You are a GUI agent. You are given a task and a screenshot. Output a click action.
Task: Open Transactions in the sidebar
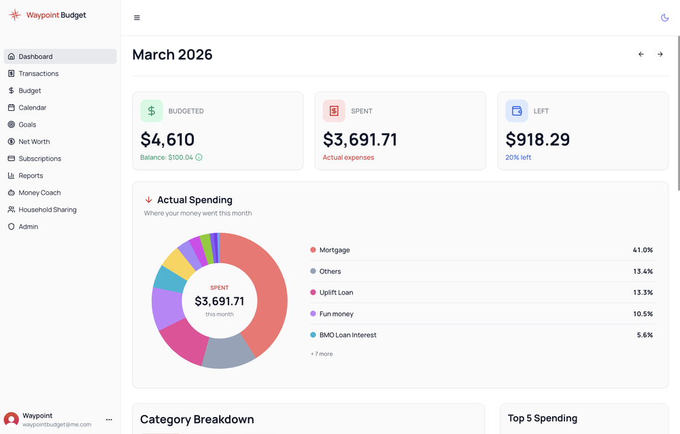[x=38, y=73]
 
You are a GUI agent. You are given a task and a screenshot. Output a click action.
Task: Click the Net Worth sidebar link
[x=34, y=141]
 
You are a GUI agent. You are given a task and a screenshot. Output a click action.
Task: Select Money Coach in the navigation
[x=39, y=193]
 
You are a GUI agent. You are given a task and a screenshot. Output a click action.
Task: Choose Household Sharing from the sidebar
[x=47, y=210]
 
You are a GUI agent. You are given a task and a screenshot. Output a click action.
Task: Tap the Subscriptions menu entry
[x=39, y=158]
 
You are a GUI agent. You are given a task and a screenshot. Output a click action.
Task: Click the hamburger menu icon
[x=137, y=18]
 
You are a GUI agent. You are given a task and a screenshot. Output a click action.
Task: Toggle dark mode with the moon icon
[x=664, y=18]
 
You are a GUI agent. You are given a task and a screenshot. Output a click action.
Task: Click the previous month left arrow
[x=641, y=54]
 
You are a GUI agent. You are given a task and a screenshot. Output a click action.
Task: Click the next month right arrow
[x=660, y=54]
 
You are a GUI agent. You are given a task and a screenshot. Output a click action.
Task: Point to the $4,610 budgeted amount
[x=167, y=139]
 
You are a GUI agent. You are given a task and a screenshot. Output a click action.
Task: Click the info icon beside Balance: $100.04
[x=199, y=157]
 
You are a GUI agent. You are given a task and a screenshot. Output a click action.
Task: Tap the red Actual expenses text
[x=348, y=157]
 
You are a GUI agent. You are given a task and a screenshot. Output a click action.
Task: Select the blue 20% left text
[x=518, y=157]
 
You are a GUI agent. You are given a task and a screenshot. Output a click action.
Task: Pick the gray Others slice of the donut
[x=228, y=350]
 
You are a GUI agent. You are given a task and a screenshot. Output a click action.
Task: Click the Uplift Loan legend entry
[x=336, y=293]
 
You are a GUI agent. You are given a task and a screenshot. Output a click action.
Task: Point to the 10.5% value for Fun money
[x=643, y=314]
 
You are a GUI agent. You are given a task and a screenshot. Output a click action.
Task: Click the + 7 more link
[x=322, y=354]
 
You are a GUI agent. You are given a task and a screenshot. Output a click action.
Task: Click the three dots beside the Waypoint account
[x=109, y=420]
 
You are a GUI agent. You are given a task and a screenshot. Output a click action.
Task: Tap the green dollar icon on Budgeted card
[x=151, y=111]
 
